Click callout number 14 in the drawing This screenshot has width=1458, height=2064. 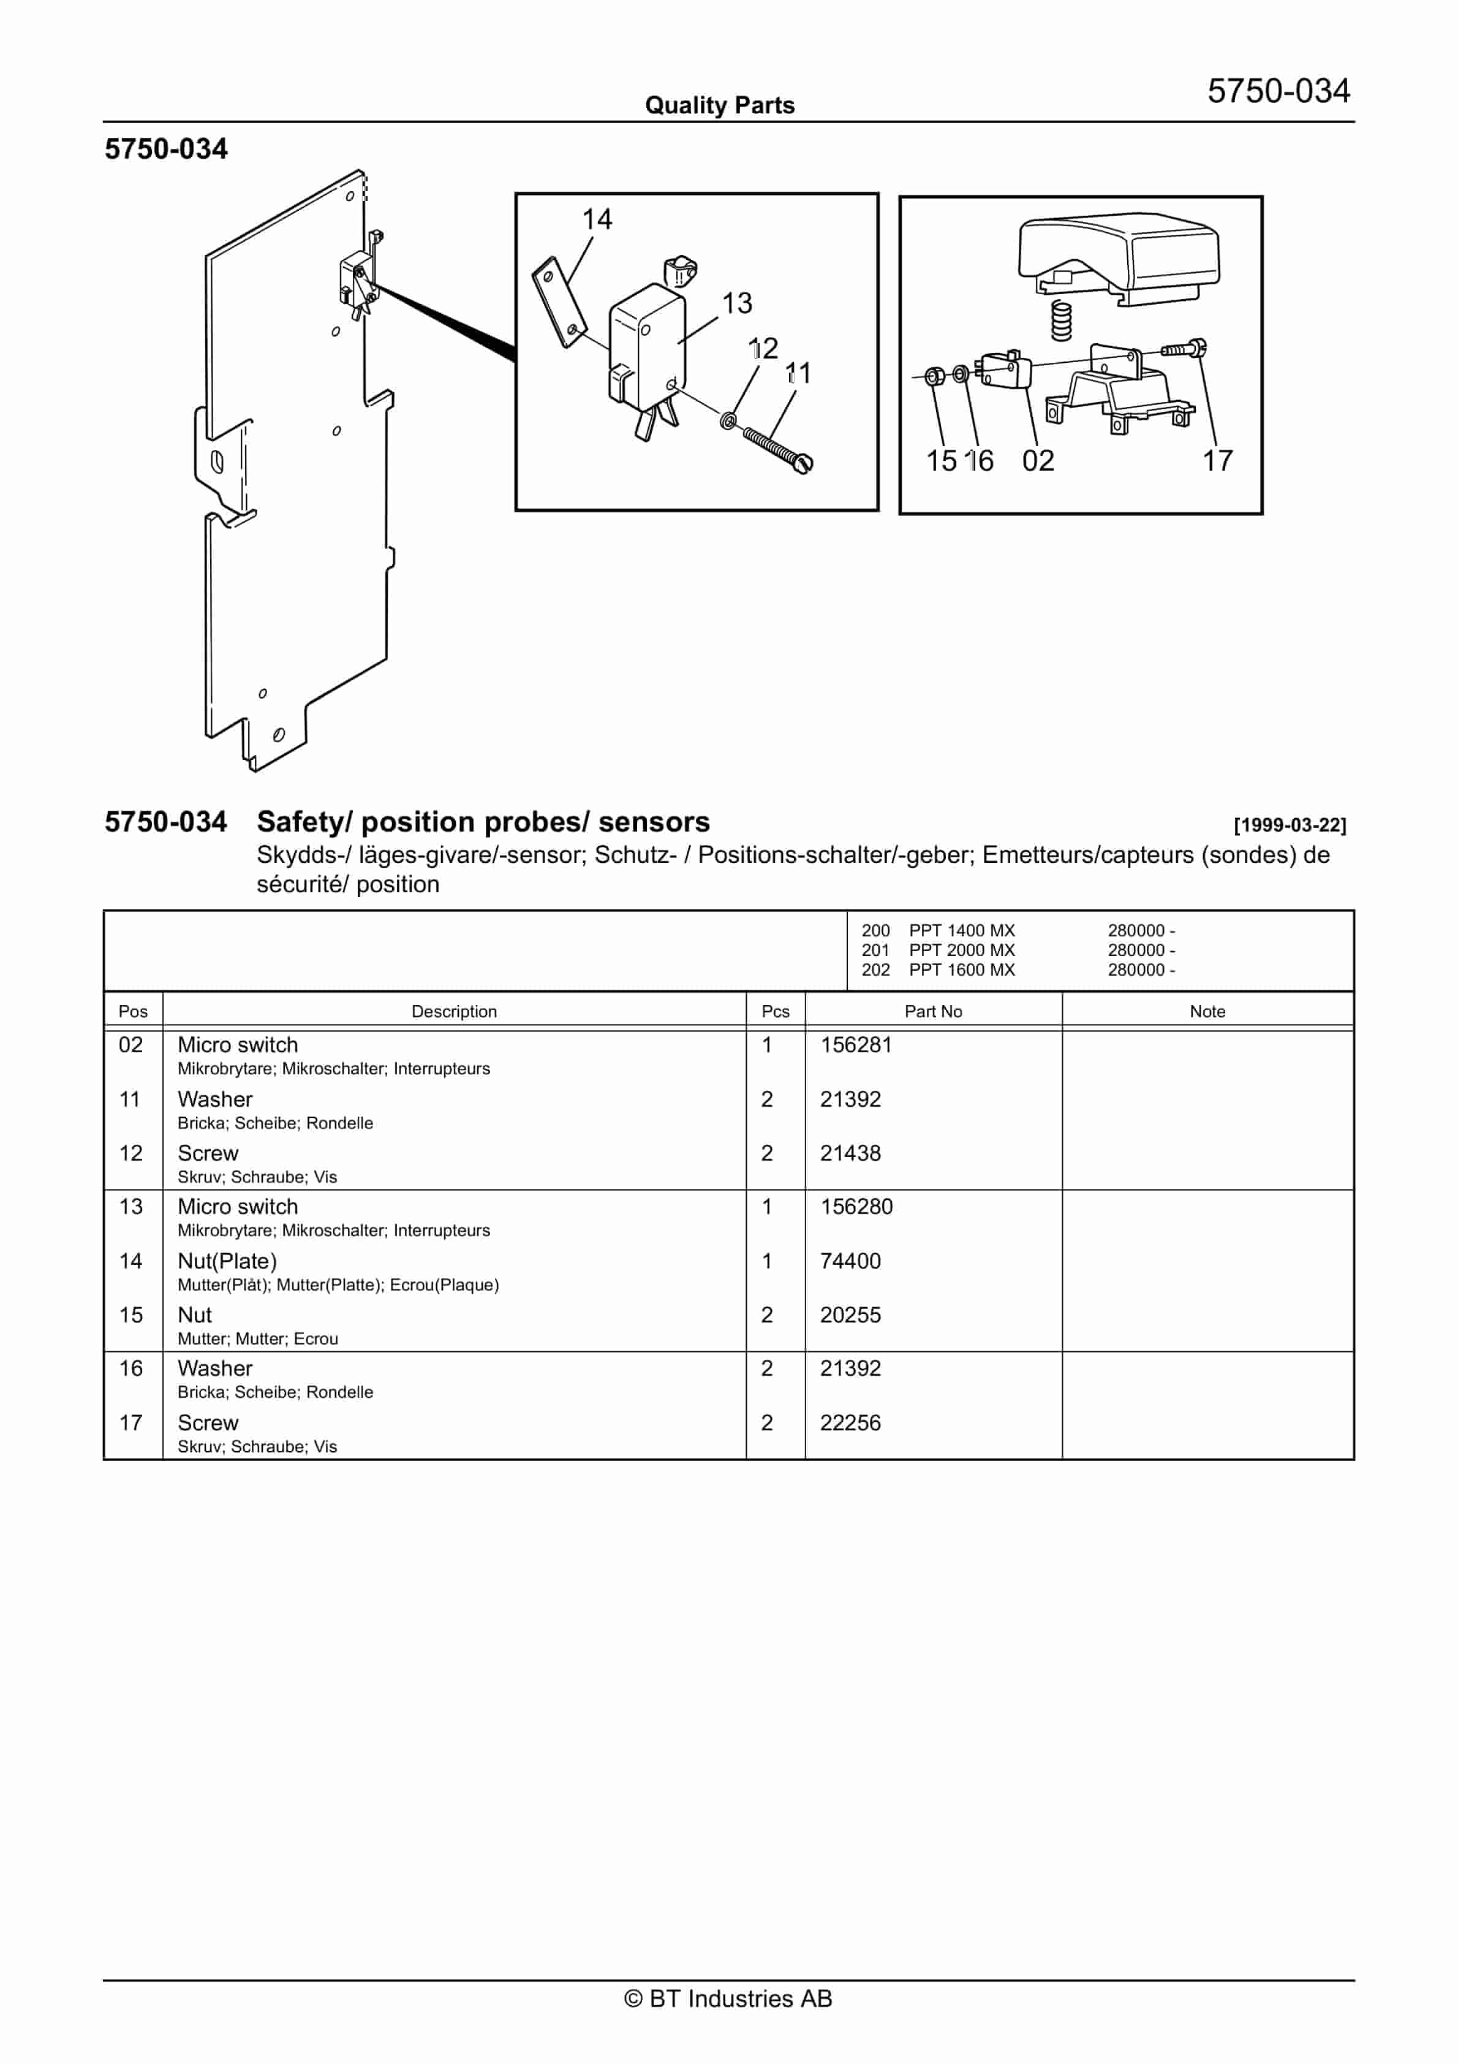coord(597,219)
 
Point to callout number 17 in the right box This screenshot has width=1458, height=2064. coord(1218,461)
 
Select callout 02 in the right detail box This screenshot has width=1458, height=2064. coord(1038,461)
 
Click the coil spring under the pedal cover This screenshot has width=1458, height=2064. coord(1062,321)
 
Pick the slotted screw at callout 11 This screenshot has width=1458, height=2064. coord(776,449)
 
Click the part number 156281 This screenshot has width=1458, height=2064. coord(856,1045)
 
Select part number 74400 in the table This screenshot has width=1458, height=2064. coord(850,1261)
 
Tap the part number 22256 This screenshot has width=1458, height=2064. coord(850,1422)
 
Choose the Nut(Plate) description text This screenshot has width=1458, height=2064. coord(227,1261)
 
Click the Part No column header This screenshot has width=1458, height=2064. coord(933,1011)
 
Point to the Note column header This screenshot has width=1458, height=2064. coord(1207,1011)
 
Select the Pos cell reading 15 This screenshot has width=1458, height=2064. coord(131,1315)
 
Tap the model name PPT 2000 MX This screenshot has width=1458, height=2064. coord(962,950)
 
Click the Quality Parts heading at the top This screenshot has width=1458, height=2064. coord(720,105)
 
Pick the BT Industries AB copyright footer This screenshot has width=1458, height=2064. coord(728,1998)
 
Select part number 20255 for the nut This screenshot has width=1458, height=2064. coord(850,1315)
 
